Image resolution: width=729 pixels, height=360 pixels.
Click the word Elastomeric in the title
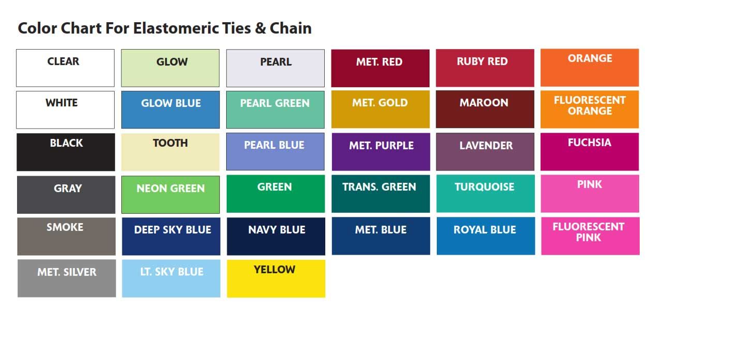tap(176, 28)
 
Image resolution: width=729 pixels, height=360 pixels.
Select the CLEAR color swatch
tap(66, 68)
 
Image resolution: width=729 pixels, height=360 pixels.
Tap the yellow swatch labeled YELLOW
tap(276, 278)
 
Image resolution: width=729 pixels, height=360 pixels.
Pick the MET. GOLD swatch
tap(381, 109)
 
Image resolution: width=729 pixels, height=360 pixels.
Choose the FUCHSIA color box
tap(590, 152)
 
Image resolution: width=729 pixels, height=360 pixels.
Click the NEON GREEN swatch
tap(170, 195)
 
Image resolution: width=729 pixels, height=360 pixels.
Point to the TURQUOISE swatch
tap(485, 194)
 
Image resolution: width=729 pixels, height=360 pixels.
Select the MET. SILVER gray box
tap(67, 278)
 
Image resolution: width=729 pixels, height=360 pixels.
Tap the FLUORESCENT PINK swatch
tap(590, 236)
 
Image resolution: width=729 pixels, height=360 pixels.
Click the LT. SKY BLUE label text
tap(172, 272)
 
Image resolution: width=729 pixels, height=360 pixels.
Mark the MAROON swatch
tap(485, 109)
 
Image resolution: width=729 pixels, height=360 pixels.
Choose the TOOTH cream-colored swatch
tap(170, 152)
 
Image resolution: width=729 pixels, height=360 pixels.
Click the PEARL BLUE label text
tap(274, 145)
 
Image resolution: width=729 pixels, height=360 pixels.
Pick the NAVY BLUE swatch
tap(276, 237)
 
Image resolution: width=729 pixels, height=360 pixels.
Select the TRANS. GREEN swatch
tap(381, 194)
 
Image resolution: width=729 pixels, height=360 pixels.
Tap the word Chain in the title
tap(291, 28)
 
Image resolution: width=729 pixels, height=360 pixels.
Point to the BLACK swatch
tap(66, 152)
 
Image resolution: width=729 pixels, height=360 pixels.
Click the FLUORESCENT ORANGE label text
tap(590, 105)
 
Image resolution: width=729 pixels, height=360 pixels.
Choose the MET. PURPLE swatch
tap(381, 152)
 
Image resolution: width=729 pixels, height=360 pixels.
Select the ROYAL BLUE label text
tap(485, 230)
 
